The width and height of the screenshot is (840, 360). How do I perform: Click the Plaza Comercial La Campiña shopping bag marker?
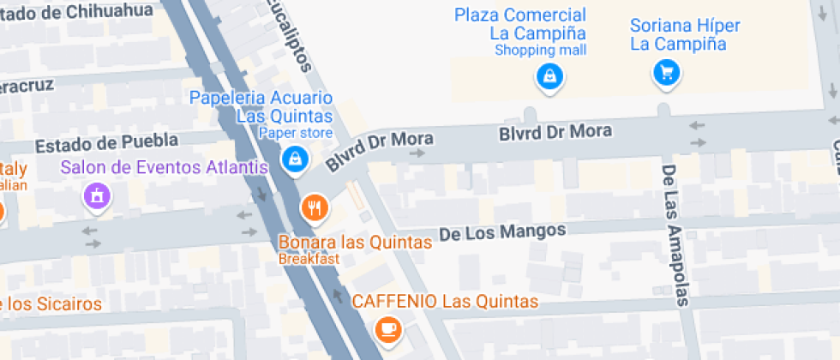[549, 77]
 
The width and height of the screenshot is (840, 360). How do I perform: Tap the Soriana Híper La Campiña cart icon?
[666, 72]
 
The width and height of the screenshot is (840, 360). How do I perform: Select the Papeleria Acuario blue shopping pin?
[295, 158]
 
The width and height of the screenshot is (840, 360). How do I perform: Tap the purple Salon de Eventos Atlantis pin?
[96, 196]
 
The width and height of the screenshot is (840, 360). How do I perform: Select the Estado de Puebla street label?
[106, 141]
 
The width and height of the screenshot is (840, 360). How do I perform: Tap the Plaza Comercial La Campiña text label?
[520, 24]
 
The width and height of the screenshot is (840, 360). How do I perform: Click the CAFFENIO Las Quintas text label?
[445, 301]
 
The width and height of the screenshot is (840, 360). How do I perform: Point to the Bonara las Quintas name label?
[355, 243]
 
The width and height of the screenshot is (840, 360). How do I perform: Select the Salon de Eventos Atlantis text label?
[165, 167]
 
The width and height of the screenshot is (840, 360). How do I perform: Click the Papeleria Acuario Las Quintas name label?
[261, 106]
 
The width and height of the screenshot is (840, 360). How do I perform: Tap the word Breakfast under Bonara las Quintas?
[309, 259]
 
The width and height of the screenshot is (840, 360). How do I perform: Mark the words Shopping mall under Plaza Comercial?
[540, 51]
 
